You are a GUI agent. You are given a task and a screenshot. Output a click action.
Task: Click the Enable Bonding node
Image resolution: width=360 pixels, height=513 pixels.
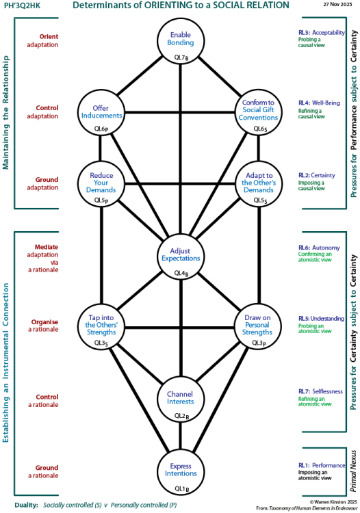click(x=181, y=41)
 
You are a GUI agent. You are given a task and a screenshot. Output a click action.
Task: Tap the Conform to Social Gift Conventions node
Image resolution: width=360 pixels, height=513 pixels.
click(x=259, y=112)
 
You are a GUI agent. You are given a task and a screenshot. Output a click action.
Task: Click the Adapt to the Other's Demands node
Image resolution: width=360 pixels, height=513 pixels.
click(x=259, y=183)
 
